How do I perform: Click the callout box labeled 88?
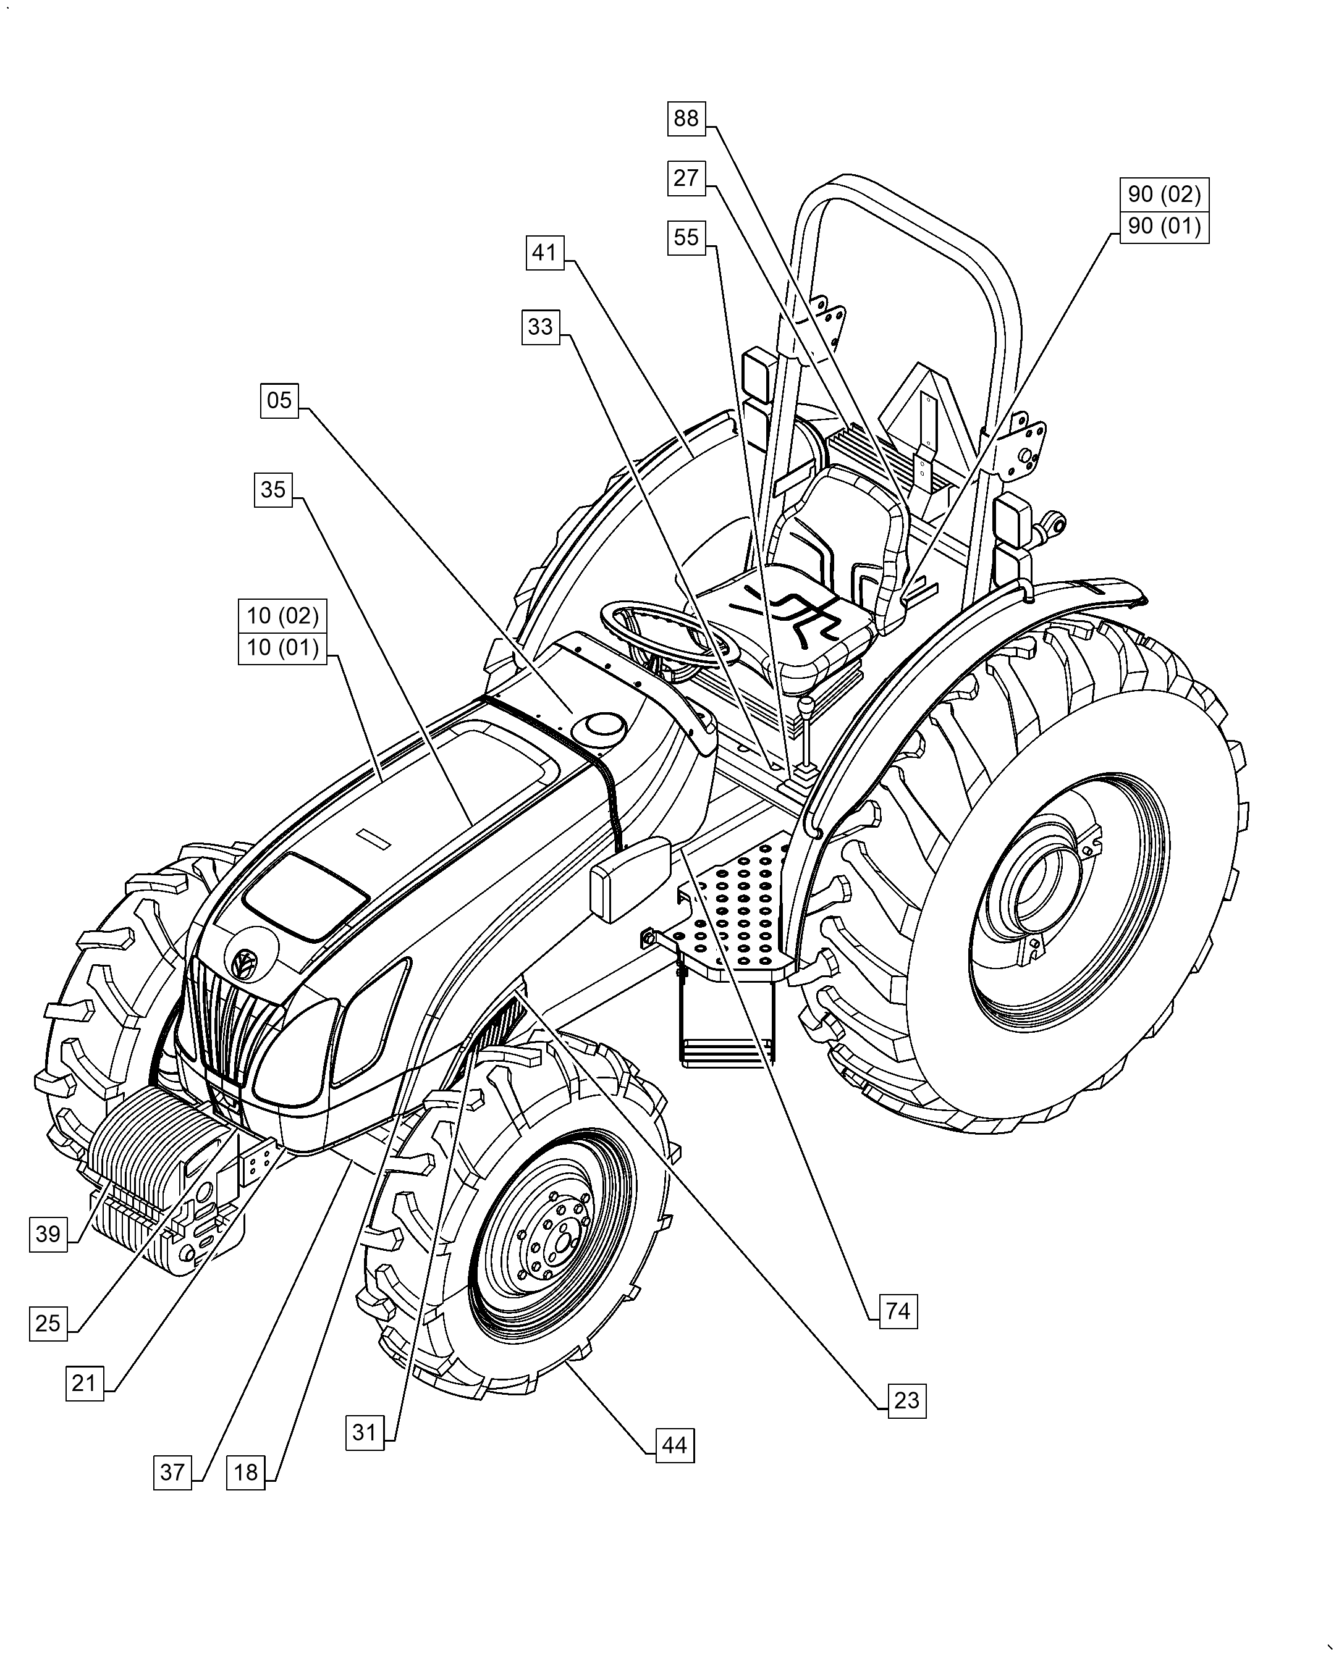click(x=686, y=119)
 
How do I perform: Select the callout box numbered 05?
click(x=279, y=400)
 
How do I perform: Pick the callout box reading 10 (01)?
click(x=282, y=647)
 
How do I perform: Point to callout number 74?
click(x=898, y=1311)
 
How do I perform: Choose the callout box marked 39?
click(x=48, y=1234)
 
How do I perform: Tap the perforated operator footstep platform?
click(x=740, y=910)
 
